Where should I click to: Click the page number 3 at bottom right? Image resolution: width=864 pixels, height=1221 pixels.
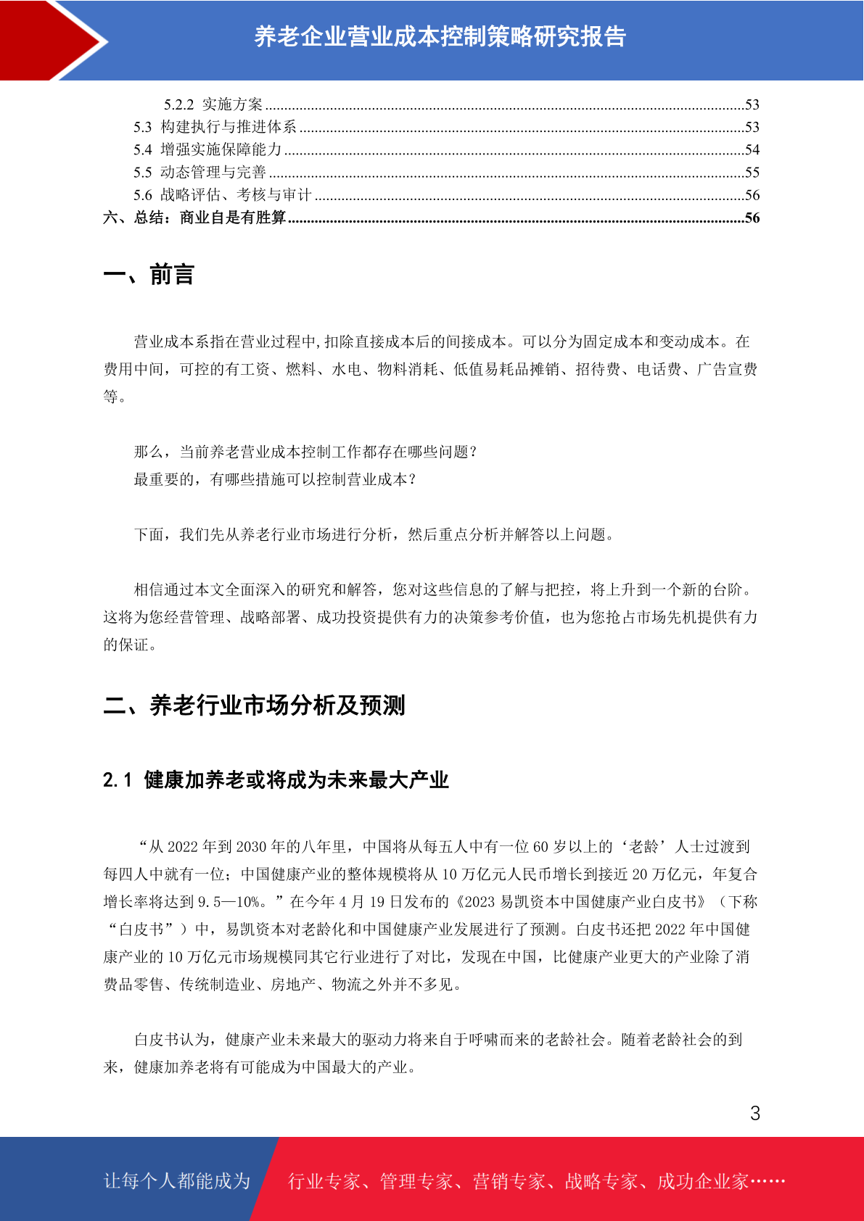click(x=754, y=1114)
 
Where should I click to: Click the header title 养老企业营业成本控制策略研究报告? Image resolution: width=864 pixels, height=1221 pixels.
click(x=440, y=36)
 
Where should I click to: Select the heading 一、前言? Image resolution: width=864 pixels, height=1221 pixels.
click(x=149, y=275)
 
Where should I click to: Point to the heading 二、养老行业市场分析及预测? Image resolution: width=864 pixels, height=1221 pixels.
click(x=254, y=705)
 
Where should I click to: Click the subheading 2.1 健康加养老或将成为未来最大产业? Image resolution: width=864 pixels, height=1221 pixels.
click(x=276, y=780)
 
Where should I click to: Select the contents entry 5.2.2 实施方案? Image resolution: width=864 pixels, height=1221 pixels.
click(x=213, y=104)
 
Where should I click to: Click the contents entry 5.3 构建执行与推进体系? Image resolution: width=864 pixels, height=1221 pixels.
click(x=215, y=127)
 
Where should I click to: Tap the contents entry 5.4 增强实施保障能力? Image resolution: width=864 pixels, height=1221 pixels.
click(x=207, y=149)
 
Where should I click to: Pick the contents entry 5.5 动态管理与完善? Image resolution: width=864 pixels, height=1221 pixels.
click(x=199, y=173)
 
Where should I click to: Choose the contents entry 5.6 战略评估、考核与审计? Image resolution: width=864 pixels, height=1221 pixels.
click(x=222, y=195)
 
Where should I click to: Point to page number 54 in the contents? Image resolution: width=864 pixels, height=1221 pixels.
click(x=752, y=149)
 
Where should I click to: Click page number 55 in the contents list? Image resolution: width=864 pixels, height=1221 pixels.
click(x=752, y=173)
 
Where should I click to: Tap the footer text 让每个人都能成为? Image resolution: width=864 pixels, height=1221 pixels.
click(x=177, y=1181)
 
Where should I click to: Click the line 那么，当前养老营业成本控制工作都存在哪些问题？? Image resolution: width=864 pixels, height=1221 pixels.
click(x=305, y=452)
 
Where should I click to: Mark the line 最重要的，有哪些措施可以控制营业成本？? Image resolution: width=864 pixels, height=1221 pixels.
click(x=275, y=479)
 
